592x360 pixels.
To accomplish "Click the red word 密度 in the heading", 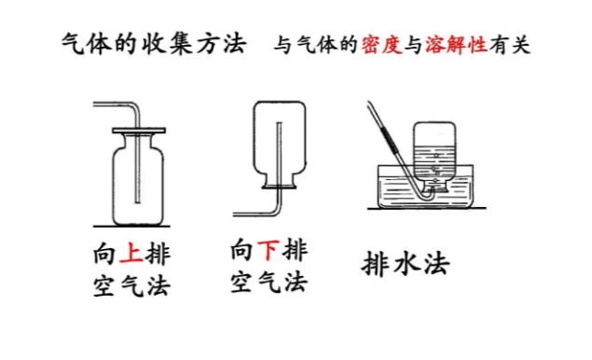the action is click(x=381, y=45).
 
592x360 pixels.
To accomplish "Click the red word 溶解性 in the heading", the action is click(x=457, y=45).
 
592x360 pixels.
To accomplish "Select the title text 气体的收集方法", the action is click(x=155, y=44).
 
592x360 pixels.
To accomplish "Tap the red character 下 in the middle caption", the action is click(x=268, y=250).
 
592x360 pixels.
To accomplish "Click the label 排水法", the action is click(x=406, y=263).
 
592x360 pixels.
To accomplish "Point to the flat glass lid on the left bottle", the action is click(x=139, y=131).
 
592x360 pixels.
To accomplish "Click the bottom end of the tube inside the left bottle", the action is click(x=138, y=202).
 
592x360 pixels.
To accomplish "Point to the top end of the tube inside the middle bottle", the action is click(x=280, y=123).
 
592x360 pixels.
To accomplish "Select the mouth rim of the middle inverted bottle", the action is click(x=280, y=186).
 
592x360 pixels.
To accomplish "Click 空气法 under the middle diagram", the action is click(x=268, y=282).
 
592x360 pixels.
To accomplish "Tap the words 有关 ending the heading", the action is click(x=510, y=45).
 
